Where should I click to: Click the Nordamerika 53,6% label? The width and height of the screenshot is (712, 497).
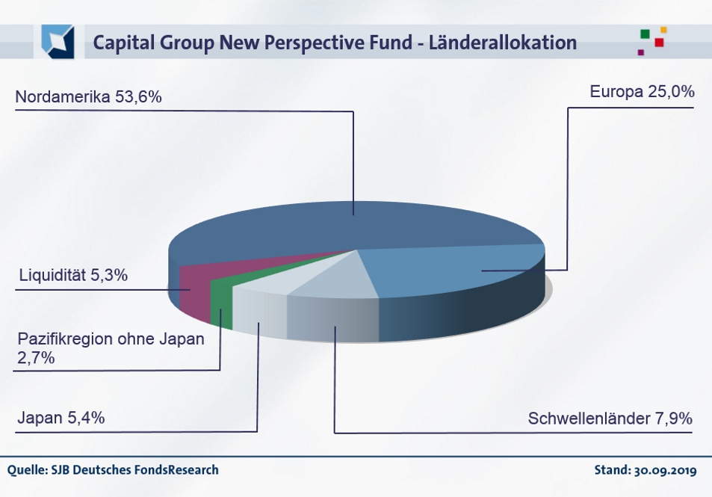[x=89, y=98]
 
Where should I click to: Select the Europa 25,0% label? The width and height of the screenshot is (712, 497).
[x=642, y=93]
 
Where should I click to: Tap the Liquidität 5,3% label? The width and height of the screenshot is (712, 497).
[x=73, y=275]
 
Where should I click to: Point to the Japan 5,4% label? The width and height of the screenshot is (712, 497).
[x=61, y=418]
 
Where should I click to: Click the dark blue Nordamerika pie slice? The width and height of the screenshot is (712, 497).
[x=351, y=224]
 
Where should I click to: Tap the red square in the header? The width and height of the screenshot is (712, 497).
[x=659, y=43]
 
